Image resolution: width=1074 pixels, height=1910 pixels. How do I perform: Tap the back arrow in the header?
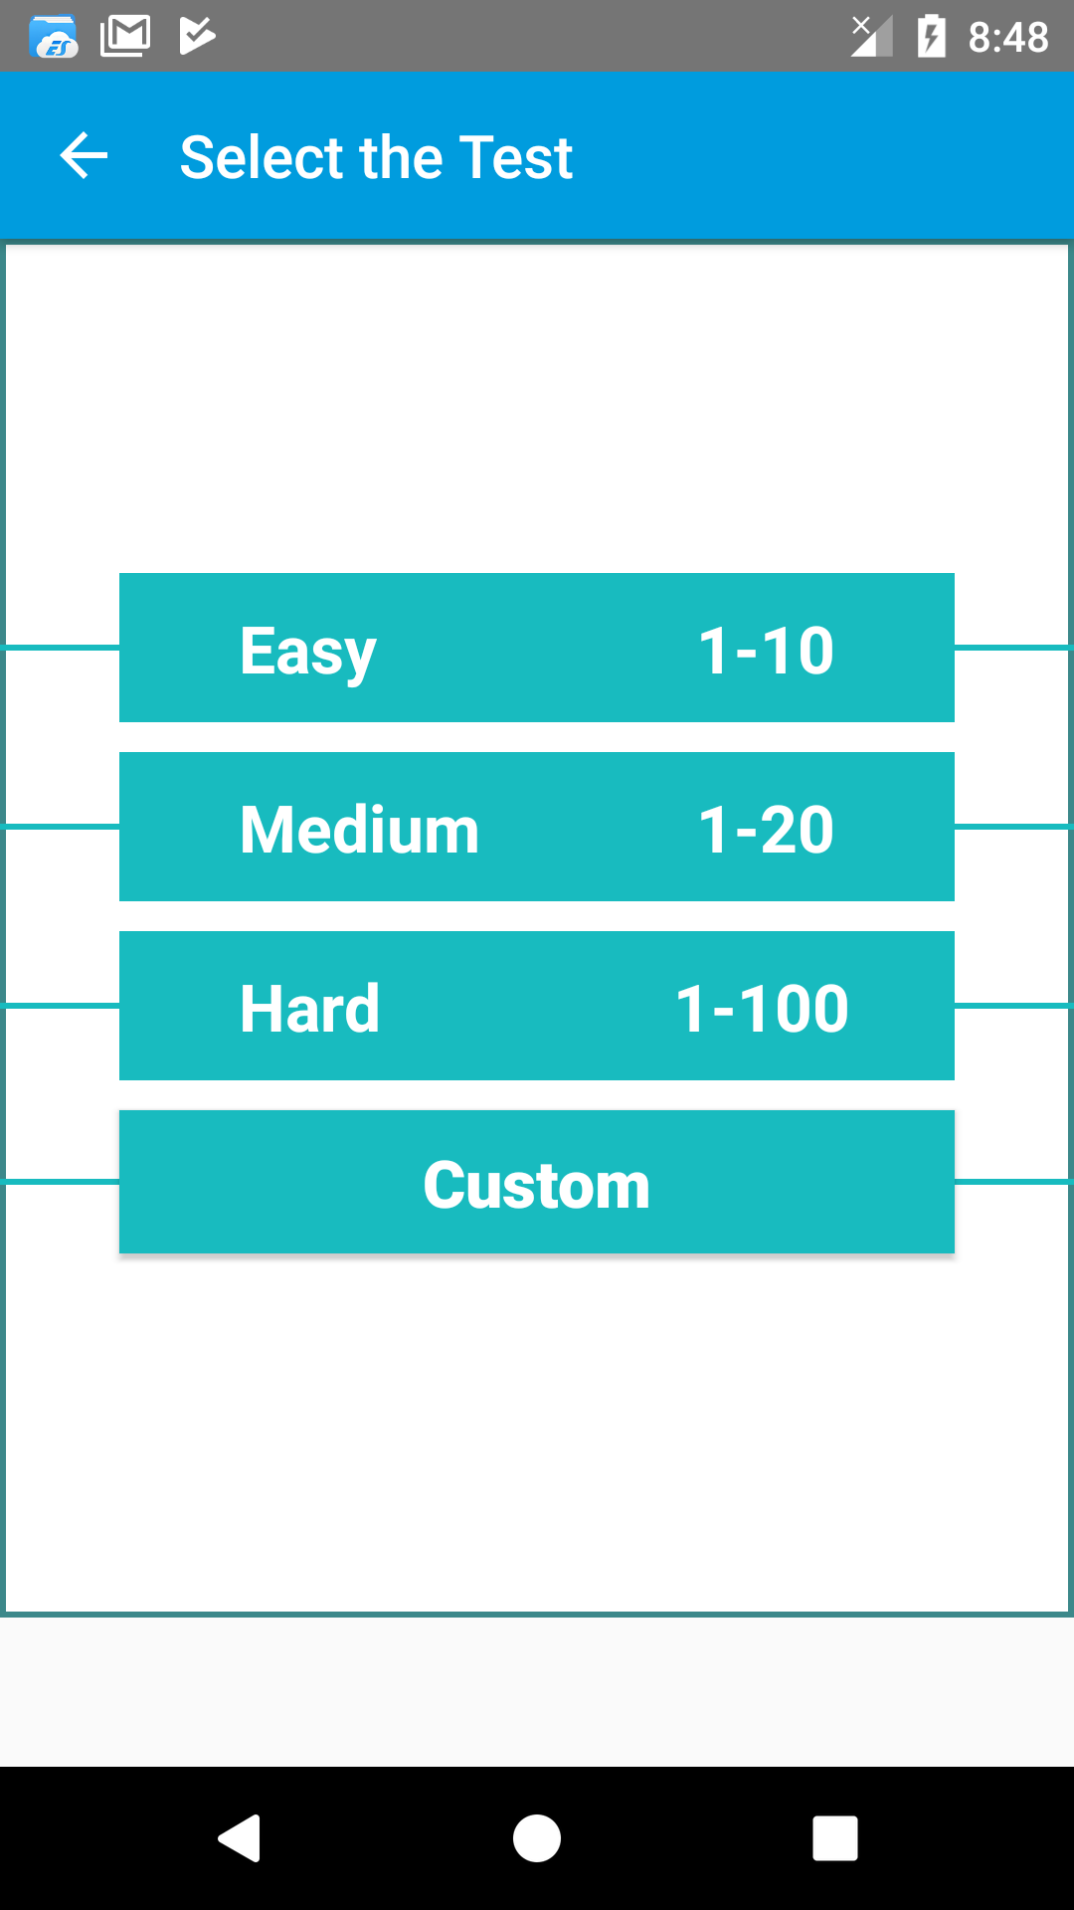click(x=84, y=156)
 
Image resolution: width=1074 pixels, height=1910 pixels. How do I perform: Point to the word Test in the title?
click(x=515, y=157)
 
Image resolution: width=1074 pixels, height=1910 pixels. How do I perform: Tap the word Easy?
click(x=308, y=653)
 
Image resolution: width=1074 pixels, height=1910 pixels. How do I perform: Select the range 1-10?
click(x=767, y=651)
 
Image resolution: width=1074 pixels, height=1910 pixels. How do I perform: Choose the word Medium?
click(x=360, y=830)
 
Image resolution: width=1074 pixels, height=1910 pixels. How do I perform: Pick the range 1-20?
click(x=767, y=830)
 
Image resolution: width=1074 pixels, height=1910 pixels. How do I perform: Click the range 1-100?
click(x=763, y=1009)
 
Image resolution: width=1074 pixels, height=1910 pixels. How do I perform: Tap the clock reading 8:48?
click(x=1008, y=38)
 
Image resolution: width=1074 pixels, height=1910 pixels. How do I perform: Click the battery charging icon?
click(x=931, y=37)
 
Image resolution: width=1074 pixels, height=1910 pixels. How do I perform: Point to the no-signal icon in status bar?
click(x=871, y=37)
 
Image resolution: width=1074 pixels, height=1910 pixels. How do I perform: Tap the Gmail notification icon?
click(x=125, y=36)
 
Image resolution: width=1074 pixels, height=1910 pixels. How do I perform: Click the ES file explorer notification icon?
click(x=54, y=37)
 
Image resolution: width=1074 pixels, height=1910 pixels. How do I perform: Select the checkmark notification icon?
click(x=197, y=36)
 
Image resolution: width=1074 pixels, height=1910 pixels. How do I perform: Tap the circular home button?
click(x=537, y=1837)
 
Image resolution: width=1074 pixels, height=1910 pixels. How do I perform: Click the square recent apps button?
click(x=835, y=1837)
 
